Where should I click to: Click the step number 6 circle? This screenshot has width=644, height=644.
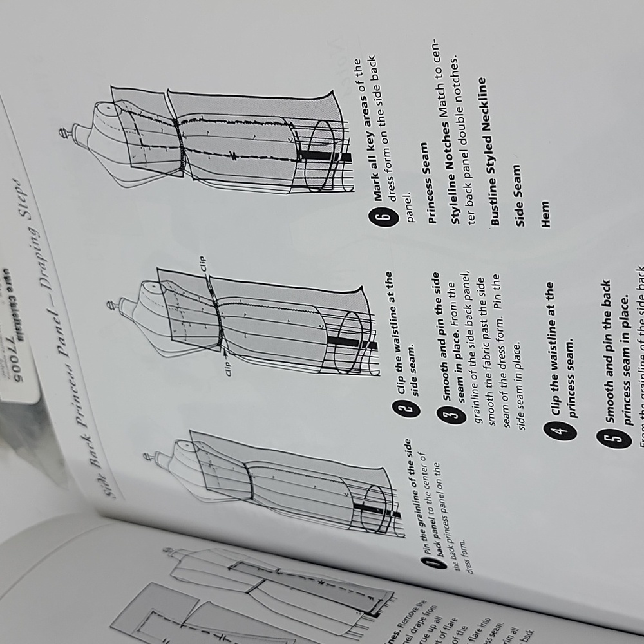(x=380, y=217)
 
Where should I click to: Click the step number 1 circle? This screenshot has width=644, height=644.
(x=432, y=564)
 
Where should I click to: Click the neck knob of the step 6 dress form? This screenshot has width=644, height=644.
(x=62, y=134)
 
